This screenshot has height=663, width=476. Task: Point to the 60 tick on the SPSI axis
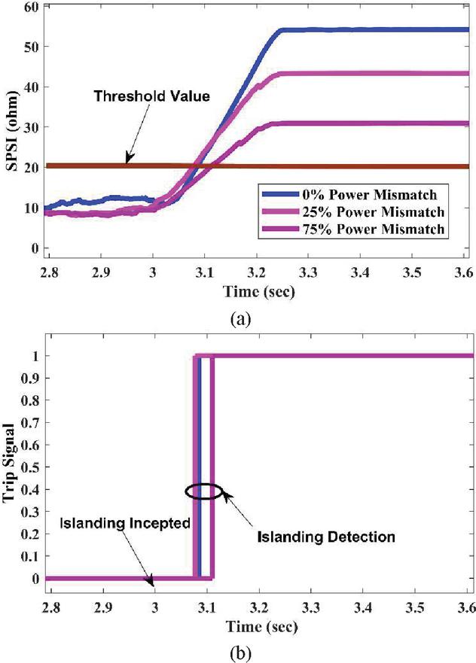[32, 7]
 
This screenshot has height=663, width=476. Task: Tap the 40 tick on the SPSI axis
[32, 87]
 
